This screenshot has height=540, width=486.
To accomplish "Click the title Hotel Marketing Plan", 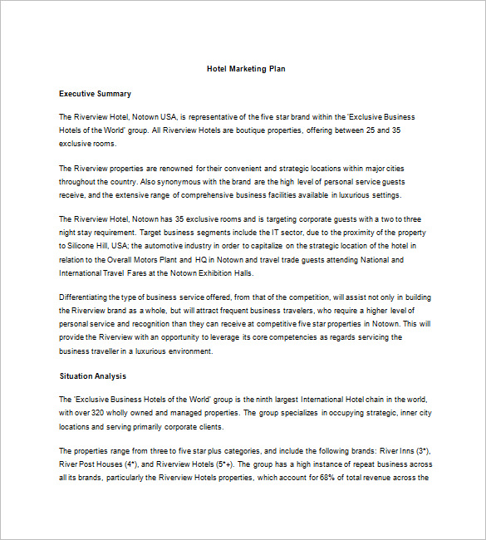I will [x=246, y=69].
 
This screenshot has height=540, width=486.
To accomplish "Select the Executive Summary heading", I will [x=95, y=94].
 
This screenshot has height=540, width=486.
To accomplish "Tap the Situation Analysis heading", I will [x=93, y=376].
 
